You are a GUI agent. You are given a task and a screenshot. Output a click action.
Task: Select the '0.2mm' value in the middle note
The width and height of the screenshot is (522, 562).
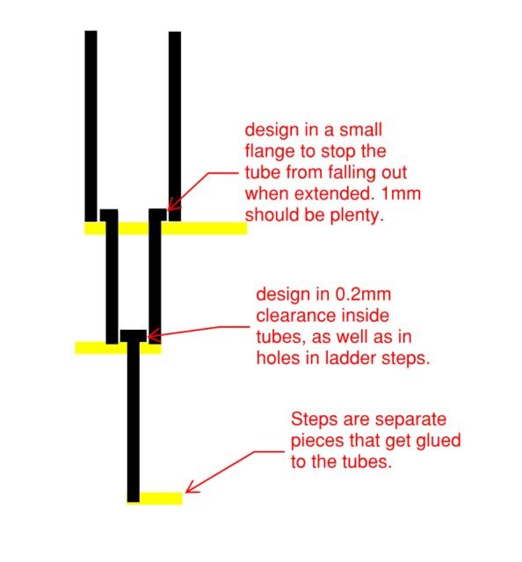[x=363, y=295]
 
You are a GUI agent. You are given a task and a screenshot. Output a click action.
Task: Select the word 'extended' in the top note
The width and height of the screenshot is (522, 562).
[x=335, y=193]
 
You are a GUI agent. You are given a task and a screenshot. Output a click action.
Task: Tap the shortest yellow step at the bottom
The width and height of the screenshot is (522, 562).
[x=155, y=498]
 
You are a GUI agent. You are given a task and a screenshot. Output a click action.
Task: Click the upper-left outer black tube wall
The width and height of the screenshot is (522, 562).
[x=91, y=126]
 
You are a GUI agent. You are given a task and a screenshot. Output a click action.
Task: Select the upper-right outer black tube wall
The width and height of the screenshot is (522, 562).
[x=175, y=126]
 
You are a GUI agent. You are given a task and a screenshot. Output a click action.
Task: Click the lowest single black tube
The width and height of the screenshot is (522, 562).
[x=134, y=421]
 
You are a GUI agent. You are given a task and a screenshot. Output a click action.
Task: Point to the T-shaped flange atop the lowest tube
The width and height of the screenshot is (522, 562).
[x=134, y=336]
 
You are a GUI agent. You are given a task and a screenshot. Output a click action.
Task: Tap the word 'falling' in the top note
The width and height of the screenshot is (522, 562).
[x=352, y=172]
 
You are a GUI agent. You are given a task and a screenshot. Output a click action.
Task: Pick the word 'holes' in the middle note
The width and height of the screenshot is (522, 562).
[x=278, y=358]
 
